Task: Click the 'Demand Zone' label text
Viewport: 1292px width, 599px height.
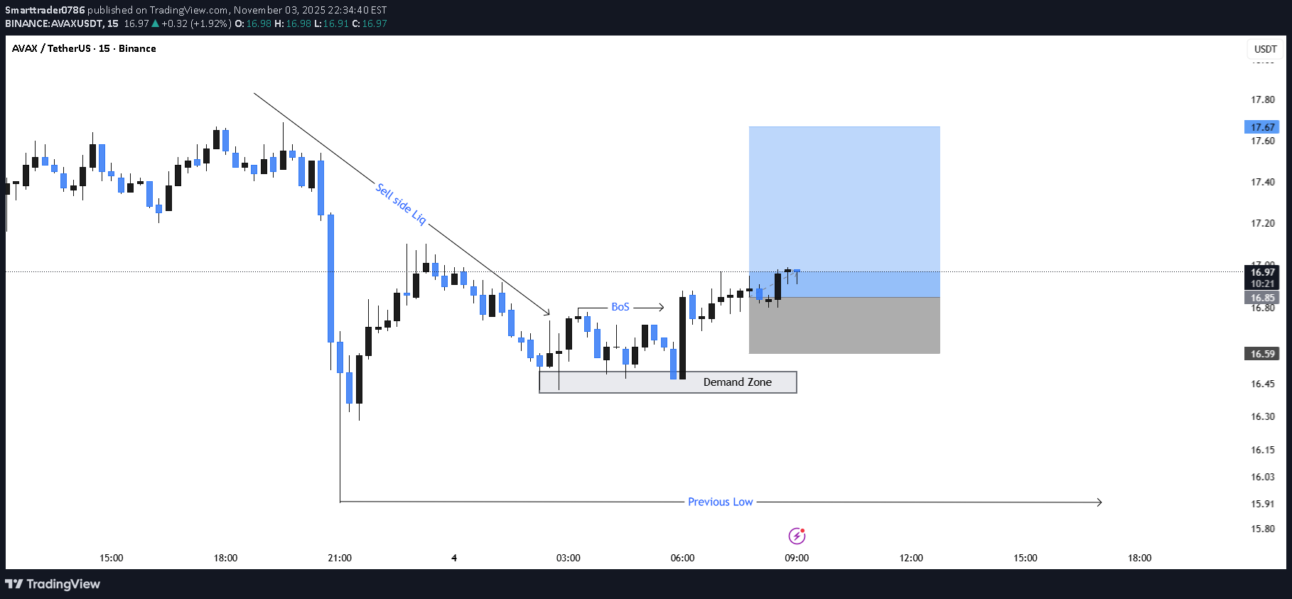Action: pyautogui.click(x=737, y=382)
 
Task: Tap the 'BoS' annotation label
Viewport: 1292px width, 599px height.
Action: pyautogui.click(x=620, y=307)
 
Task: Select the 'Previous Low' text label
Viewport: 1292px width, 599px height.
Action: pyautogui.click(x=720, y=502)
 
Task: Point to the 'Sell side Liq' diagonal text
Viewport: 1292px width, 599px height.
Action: pyautogui.click(x=401, y=204)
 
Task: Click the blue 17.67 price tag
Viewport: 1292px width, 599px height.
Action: pyautogui.click(x=1262, y=127)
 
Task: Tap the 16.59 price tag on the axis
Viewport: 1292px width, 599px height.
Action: pyautogui.click(x=1262, y=354)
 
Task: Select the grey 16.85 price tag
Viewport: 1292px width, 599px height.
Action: pyautogui.click(x=1262, y=298)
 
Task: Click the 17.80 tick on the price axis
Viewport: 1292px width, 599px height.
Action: pyautogui.click(x=1263, y=100)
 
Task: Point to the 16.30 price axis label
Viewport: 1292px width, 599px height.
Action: pyautogui.click(x=1263, y=417)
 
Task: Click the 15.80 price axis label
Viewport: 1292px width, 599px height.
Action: pyautogui.click(x=1263, y=529)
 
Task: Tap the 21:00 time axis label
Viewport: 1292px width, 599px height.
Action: pyautogui.click(x=340, y=558)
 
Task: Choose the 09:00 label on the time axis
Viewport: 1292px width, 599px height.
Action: pyautogui.click(x=797, y=558)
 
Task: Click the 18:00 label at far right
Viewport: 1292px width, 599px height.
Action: pyautogui.click(x=1139, y=558)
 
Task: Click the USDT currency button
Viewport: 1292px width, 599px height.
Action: pyautogui.click(x=1265, y=49)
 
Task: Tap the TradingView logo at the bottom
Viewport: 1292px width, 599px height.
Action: pyautogui.click(x=53, y=584)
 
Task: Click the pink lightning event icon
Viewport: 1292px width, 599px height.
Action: pyautogui.click(x=797, y=536)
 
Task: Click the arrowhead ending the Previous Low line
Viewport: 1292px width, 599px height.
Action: pyautogui.click(x=1099, y=502)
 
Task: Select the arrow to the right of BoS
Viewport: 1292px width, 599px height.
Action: pyautogui.click(x=649, y=308)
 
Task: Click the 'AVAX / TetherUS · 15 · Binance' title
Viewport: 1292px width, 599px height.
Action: pyautogui.click(x=84, y=48)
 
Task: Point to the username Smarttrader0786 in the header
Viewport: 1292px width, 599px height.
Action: pyautogui.click(x=45, y=10)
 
